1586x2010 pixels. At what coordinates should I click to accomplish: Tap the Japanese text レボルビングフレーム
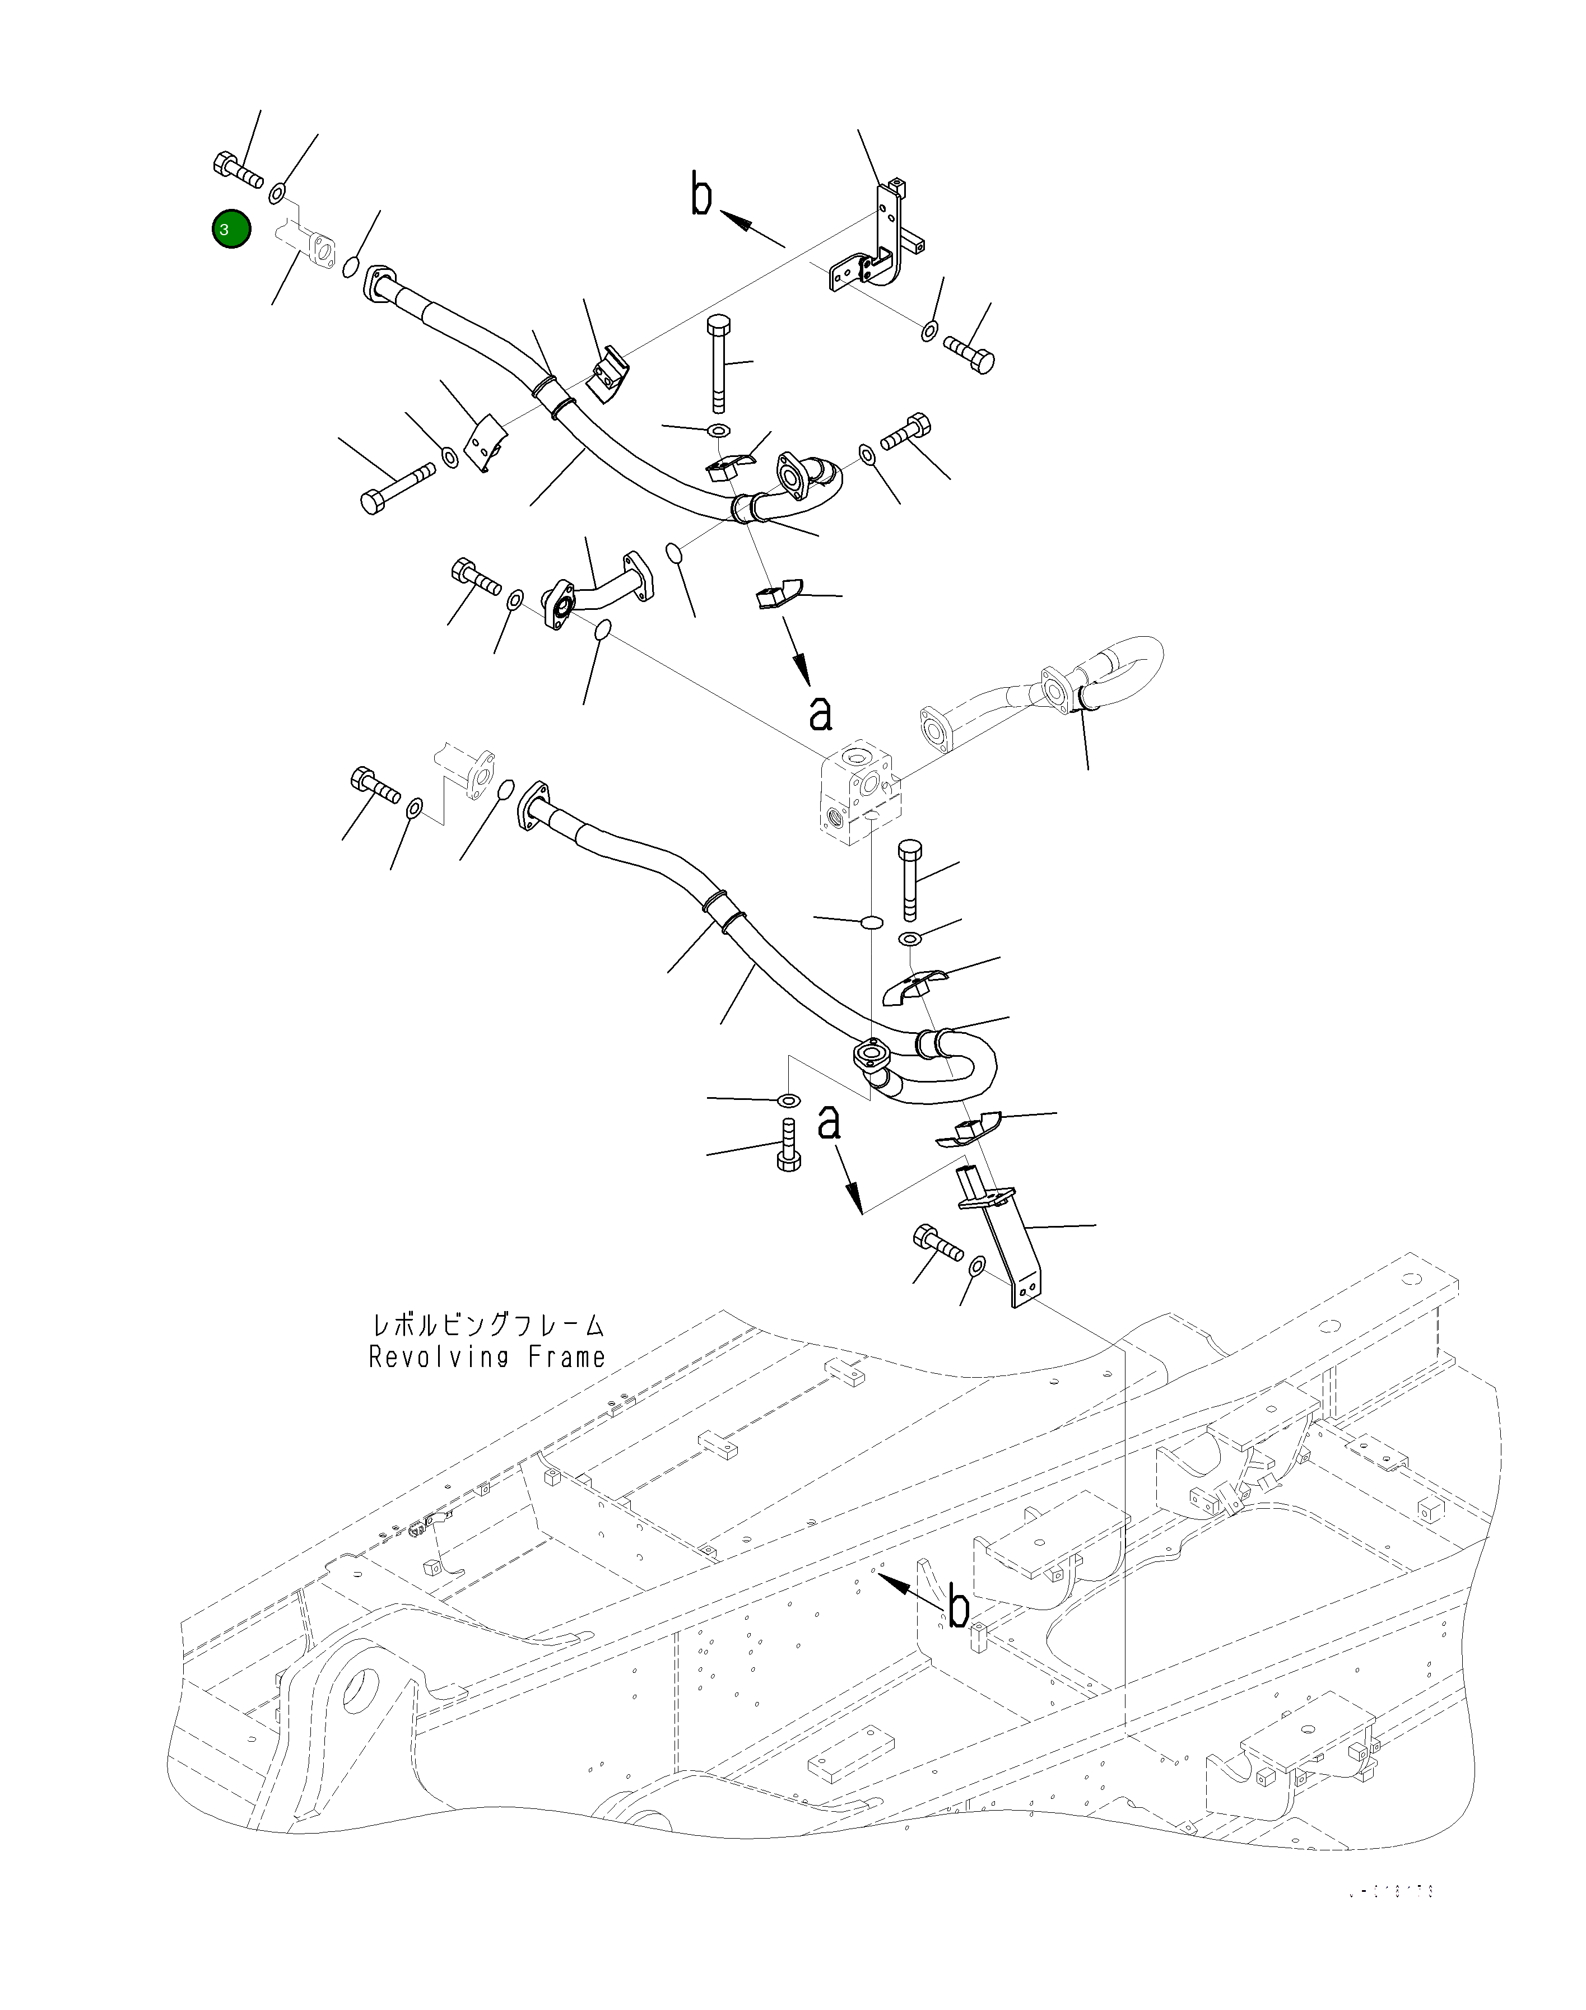click(x=487, y=1325)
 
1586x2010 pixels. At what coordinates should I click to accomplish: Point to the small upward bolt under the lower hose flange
click(x=787, y=1146)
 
